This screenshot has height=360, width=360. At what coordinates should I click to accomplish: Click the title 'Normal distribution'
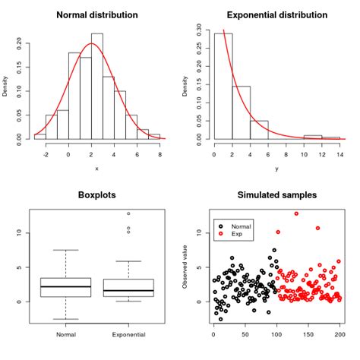96,15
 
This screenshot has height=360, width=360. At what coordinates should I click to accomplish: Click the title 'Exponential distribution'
276,15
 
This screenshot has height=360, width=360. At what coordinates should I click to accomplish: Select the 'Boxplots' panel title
96,195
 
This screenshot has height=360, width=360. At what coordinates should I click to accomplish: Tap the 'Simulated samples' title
276,195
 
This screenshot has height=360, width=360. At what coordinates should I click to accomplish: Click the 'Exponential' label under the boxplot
128,334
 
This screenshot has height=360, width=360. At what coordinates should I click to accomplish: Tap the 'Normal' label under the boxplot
64,334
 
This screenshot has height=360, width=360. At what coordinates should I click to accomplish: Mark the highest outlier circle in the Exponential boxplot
128,213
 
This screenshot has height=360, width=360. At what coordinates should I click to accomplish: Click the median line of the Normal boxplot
64,286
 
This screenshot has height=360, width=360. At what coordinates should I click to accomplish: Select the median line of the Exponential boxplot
128,291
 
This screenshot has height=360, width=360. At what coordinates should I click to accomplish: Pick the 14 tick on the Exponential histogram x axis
339,154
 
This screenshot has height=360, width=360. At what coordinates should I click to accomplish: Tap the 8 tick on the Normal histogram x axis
160,154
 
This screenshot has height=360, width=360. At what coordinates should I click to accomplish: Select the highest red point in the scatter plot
296,213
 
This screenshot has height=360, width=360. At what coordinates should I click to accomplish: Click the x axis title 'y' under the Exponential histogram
276,168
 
